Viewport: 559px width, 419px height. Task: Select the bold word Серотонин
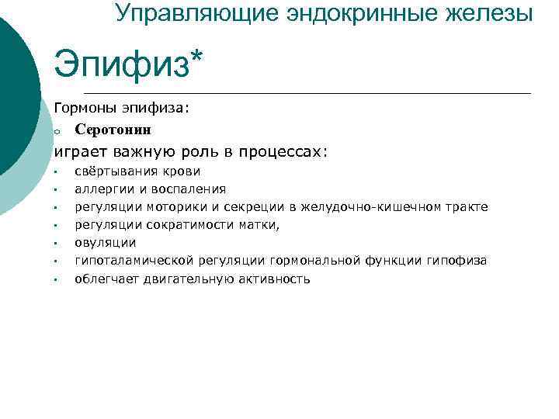tap(113, 129)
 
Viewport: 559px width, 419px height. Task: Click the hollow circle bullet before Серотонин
tap(57, 131)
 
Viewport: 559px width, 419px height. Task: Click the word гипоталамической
tap(134, 261)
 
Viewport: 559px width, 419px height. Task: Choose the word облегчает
tap(106, 279)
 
